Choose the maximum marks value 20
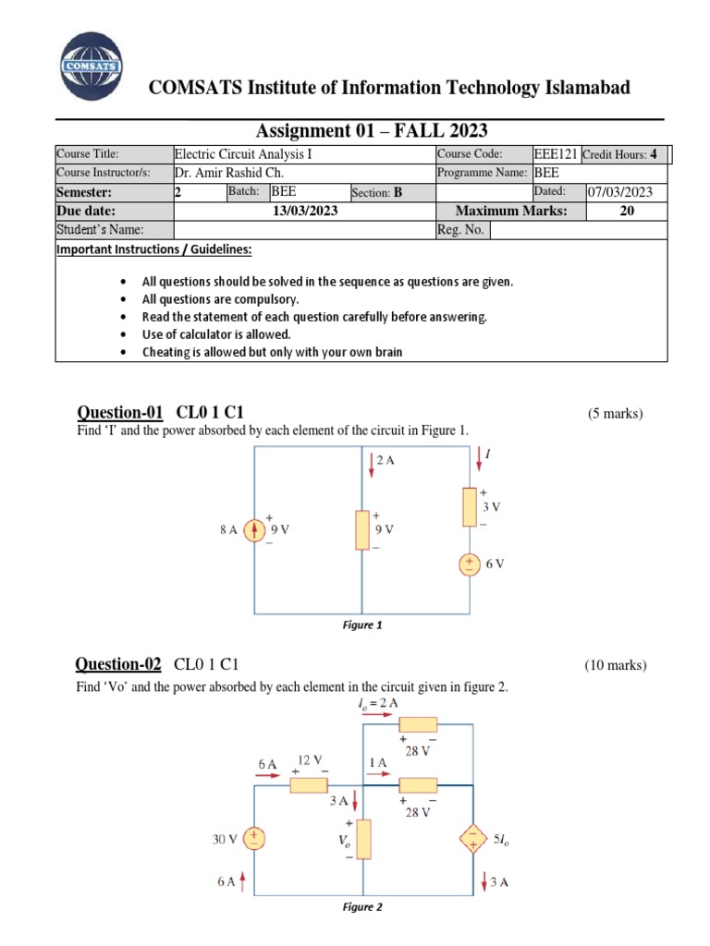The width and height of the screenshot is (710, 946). [x=627, y=211]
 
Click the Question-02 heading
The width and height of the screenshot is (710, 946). [x=118, y=664]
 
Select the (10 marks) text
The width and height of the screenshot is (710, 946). [x=616, y=665]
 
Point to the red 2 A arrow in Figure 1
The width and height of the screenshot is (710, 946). [x=371, y=464]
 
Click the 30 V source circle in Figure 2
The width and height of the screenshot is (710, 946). [x=254, y=839]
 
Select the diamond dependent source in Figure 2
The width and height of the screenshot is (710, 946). [x=474, y=839]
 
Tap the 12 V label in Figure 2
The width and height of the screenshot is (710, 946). [x=309, y=759]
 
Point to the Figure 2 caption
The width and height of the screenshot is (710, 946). [x=361, y=906]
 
